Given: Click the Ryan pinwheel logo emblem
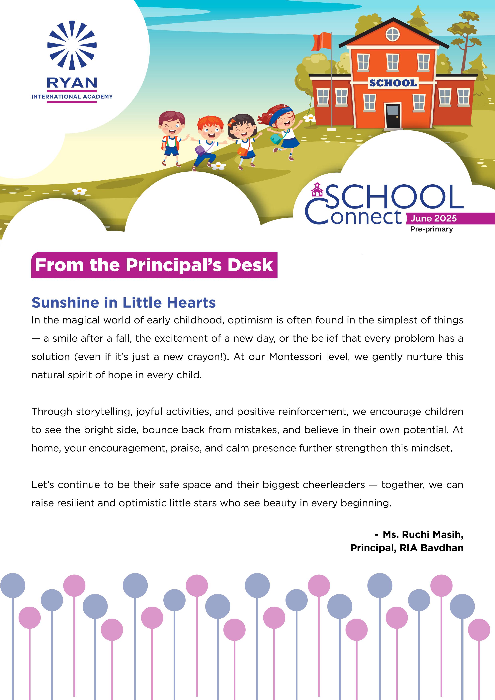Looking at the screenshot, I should pyautogui.click(x=72, y=45).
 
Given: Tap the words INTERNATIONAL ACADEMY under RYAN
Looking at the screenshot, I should pyautogui.click(x=72, y=97).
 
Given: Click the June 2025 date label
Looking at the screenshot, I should pyautogui.click(x=433, y=218).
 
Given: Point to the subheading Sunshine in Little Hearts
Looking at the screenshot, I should pyautogui.click(x=124, y=303).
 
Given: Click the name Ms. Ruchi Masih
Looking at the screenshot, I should pyautogui.click(x=423, y=534).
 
